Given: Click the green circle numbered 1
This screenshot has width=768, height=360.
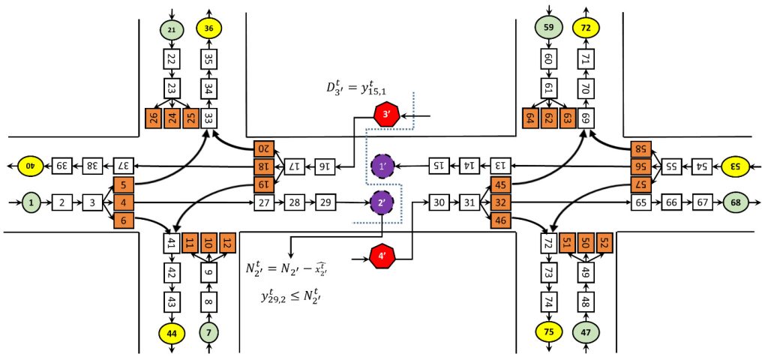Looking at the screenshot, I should [31, 202].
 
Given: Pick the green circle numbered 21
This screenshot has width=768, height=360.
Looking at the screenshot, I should [172, 29].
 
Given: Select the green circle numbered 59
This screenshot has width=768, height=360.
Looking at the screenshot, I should [547, 29].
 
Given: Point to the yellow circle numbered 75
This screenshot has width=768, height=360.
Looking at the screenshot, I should [547, 331].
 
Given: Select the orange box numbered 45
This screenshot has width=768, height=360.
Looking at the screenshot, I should [500, 184].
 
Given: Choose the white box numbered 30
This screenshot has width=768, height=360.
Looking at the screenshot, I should [440, 202].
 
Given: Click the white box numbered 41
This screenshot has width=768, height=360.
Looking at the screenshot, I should [172, 243].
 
